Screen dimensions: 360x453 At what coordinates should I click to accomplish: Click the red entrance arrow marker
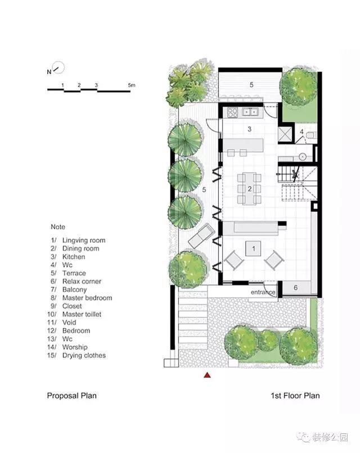click(207, 375)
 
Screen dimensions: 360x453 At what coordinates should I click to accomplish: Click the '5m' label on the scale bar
click(132, 85)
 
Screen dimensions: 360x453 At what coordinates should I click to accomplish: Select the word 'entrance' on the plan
click(263, 292)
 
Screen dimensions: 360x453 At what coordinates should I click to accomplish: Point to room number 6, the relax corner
click(295, 287)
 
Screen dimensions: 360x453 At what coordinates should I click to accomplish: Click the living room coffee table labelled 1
click(254, 248)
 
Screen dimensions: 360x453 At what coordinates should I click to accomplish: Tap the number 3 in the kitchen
click(250, 129)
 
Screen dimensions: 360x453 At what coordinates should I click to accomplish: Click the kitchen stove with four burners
click(232, 112)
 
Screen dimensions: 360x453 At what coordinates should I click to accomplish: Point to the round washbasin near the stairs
click(303, 157)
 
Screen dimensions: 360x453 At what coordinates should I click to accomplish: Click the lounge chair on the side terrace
click(201, 235)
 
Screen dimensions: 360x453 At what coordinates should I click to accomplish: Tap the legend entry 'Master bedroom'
click(87, 298)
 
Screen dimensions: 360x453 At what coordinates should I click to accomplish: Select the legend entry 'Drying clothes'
click(84, 355)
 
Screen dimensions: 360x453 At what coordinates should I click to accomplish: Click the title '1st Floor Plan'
click(295, 396)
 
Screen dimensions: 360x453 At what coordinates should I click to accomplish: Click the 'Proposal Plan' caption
click(71, 396)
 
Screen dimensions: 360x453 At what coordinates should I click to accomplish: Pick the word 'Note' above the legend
click(58, 227)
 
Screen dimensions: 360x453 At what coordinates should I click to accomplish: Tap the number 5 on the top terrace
click(251, 85)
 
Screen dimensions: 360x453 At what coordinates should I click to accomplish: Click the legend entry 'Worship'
click(75, 347)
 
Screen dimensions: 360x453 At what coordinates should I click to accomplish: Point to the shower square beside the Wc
click(284, 134)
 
